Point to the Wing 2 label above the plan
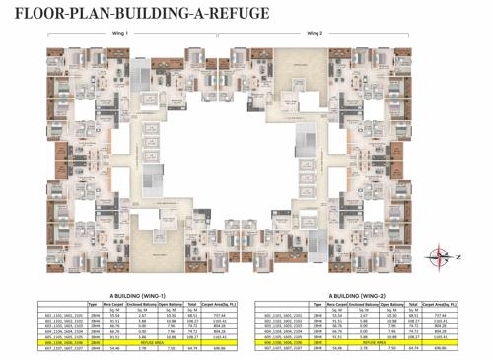(314, 32)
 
